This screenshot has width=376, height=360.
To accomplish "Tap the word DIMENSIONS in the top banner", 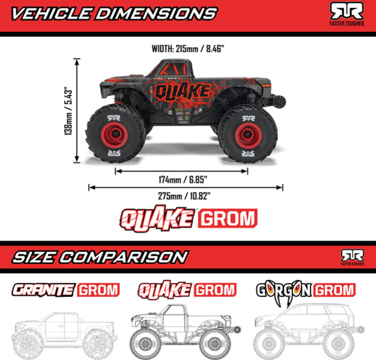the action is pyautogui.click(x=156, y=14).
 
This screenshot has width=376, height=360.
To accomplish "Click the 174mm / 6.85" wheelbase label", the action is pyautogui.click(x=183, y=179).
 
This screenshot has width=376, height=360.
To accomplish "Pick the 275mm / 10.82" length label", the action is pyautogui.click(x=184, y=196).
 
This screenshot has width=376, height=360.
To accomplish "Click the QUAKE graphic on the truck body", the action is pyautogui.click(x=182, y=91).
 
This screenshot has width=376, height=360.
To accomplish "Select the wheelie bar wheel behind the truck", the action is pyautogui.click(x=280, y=101).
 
